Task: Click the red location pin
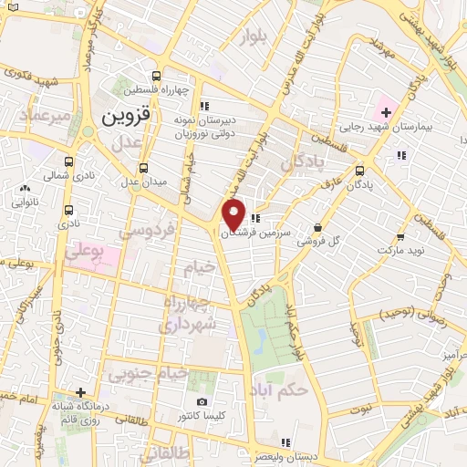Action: point(234,215)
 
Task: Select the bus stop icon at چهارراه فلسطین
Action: point(158,76)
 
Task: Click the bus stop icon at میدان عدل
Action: point(143,168)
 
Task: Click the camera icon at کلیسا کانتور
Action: point(202,401)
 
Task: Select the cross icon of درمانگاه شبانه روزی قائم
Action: point(81,392)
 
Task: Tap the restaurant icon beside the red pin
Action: point(256,218)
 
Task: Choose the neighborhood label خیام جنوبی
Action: point(148,372)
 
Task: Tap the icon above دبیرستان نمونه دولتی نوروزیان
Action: point(205,105)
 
